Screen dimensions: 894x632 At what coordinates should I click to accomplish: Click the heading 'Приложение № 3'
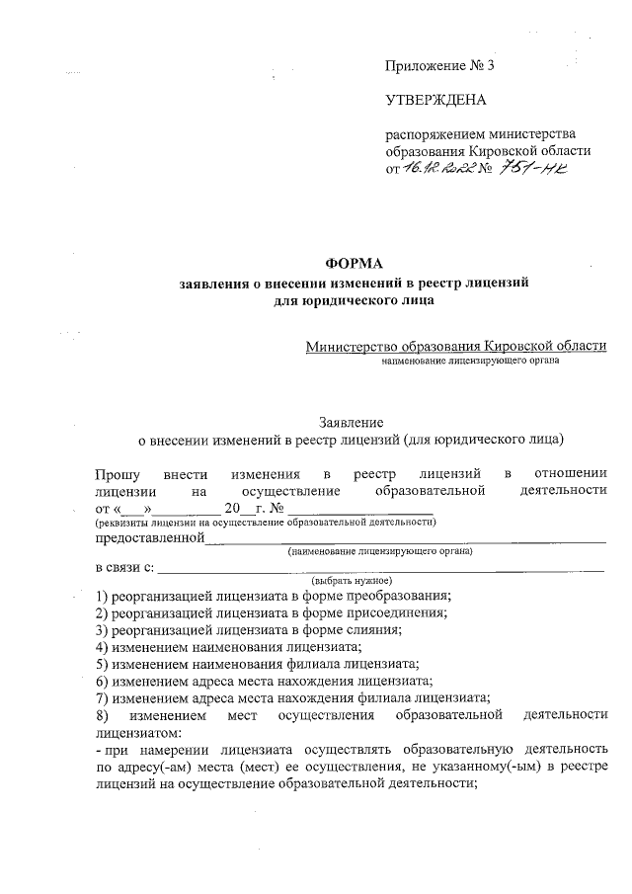click(438, 66)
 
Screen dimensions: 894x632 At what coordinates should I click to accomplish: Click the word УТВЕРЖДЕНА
click(435, 100)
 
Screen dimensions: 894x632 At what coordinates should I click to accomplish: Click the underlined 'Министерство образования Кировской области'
click(456, 346)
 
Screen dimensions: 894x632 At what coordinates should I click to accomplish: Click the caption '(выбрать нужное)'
click(352, 580)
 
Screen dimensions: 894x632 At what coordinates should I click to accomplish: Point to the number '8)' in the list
click(101, 714)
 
